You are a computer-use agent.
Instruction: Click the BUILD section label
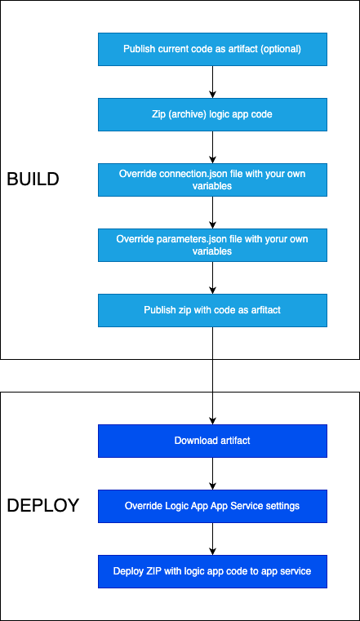(x=33, y=180)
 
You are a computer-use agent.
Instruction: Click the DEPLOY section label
(x=43, y=506)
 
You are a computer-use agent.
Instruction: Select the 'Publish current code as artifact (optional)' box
(x=213, y=49)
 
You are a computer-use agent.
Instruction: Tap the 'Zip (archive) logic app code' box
(x=213, y=114)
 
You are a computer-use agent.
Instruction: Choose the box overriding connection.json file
(x=213, y=180)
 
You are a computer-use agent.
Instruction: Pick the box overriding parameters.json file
(x=213, y=245)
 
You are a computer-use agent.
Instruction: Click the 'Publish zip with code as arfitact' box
(x=213, y=310)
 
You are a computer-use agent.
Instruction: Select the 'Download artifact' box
(x=213, y=441)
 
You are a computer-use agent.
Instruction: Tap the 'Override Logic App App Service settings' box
(x=213, y=506)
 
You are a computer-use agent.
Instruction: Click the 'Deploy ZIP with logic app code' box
(x=213, y=571)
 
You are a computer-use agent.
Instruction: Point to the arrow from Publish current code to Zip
(x=213, y=82)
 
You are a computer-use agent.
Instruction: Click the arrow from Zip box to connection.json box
(x=213, y=148)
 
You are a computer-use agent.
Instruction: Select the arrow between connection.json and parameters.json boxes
(x=213, y=213)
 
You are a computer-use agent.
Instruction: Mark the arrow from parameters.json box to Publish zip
(x=213, y=277)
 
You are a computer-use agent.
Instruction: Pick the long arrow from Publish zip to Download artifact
(x=213, y=376)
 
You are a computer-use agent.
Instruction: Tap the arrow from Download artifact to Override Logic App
(x=213, y=473)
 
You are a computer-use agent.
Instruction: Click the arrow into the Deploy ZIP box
(x=213, y=539)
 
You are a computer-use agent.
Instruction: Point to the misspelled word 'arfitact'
(x=266, y=310)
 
